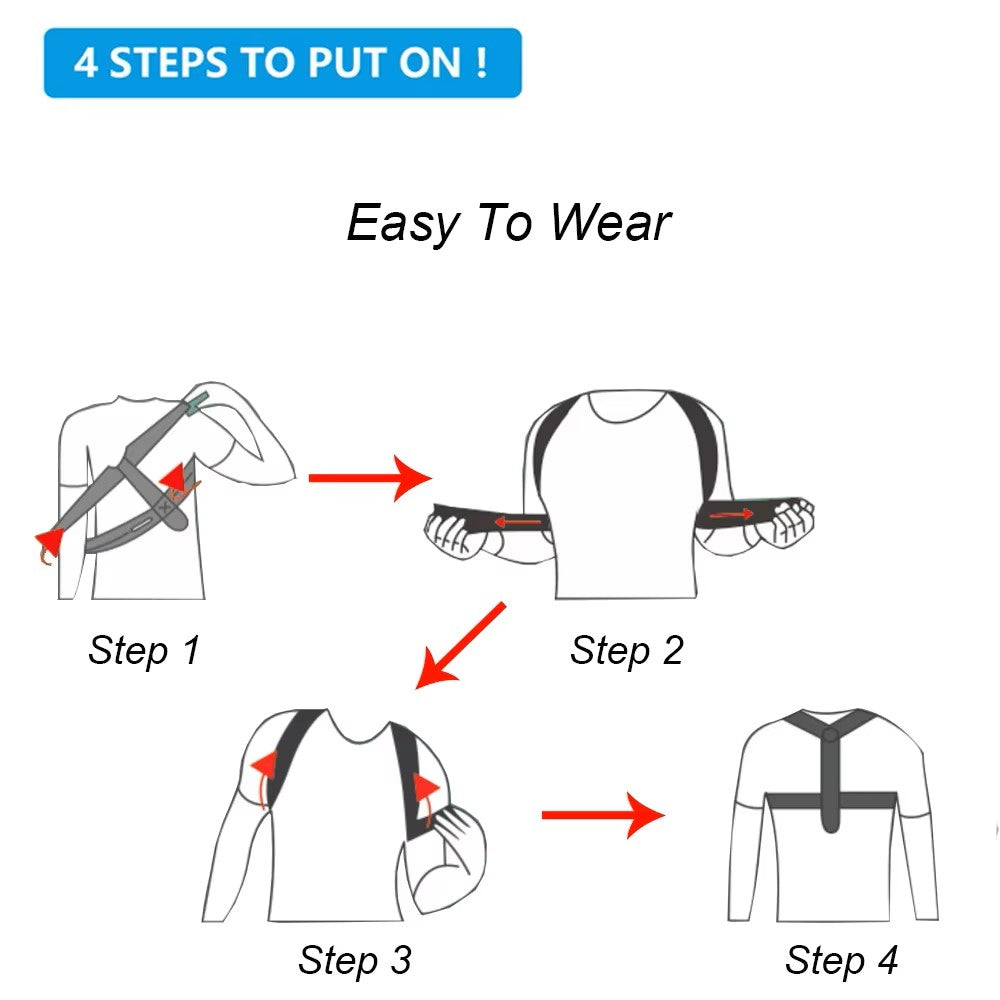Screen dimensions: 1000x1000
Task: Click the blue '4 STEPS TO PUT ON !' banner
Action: click(x=282, y=62)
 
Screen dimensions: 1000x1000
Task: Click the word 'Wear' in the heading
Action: click(x=610, y=222)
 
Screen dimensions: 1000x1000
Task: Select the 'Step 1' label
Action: click(x=144, y=650)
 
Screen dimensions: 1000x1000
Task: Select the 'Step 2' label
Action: click(x=626, y=650)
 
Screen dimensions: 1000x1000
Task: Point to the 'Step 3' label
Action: click(x=354, y=960)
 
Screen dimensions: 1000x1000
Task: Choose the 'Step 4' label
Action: click(x=841, y=960)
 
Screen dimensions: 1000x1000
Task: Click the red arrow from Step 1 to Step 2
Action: click(x=368, y=478)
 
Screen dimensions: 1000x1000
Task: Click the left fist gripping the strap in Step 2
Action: click(x=455, y=528)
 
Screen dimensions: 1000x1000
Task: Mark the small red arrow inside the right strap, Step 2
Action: click(x=732, y=514)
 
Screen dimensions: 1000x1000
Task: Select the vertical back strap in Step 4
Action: click(x=830, y=780)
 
